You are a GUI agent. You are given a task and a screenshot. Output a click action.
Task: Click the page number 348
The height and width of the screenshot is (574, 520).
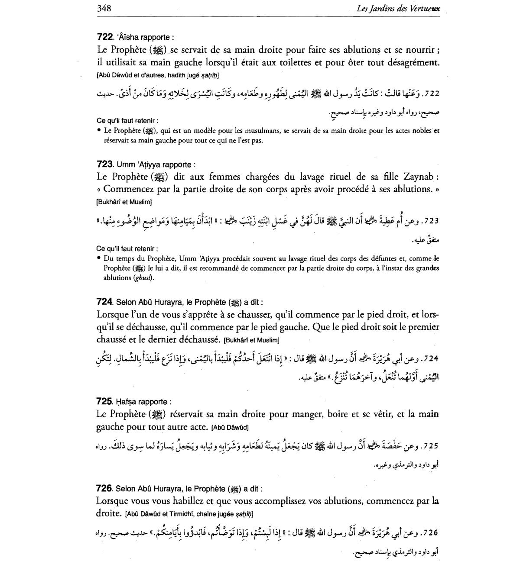(x=104, y=8)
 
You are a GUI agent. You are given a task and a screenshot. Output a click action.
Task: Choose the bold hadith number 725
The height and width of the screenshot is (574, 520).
(x=105, y=402)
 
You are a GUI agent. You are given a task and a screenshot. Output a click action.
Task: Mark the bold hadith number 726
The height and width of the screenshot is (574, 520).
(x=104, y=489)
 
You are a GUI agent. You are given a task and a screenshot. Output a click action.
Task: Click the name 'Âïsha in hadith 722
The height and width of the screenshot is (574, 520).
(x=130, y=37)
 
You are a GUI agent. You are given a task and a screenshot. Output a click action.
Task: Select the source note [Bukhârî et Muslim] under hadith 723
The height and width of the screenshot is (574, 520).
(x=124, y=202)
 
